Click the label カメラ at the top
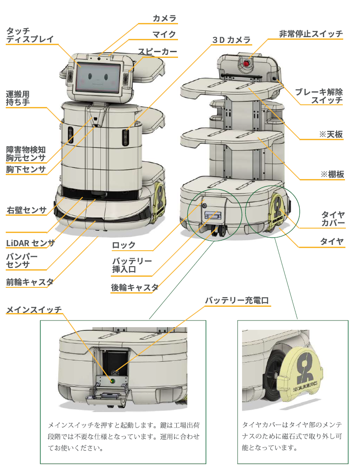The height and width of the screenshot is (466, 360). tap(164, 18)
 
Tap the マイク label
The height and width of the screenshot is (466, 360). tap(164, 34)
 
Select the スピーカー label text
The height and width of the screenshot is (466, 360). tap(157, 52)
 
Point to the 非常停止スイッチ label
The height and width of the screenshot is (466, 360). tap(311, 34)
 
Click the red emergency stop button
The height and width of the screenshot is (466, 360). tap(247, 63)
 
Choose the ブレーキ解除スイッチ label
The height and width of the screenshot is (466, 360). tap(319, 96)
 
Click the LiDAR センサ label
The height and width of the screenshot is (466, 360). tap(30, 242)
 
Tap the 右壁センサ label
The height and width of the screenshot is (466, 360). tap(27, 210)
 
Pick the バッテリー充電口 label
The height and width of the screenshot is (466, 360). tap(237, 301)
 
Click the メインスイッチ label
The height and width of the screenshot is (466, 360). tap(34, 309)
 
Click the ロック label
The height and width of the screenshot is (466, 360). tap(124, 245)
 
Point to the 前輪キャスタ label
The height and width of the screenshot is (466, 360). tap(30, 282)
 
